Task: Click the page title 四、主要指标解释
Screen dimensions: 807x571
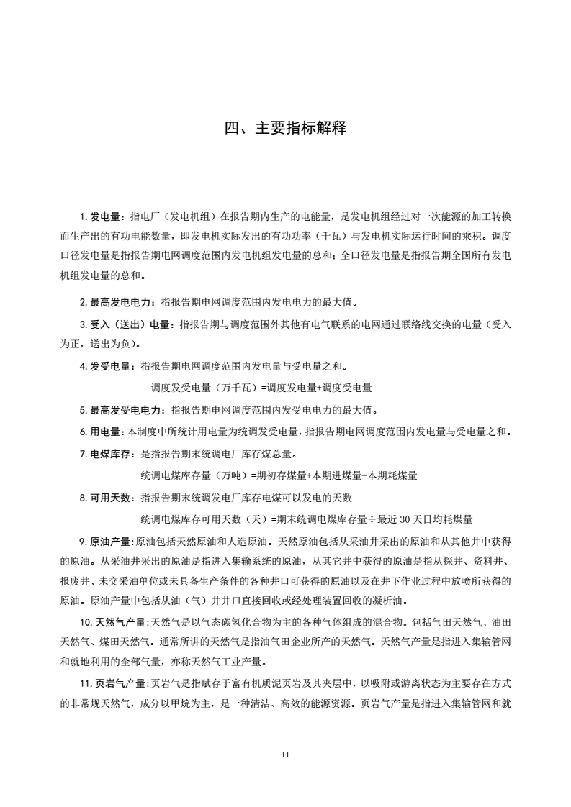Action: pyautogui.click(x=285, y=129)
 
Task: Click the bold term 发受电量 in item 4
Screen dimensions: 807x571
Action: pyautogui.click(x=111, y=367)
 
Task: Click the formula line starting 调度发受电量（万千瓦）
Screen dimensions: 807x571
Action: pyautogui.click(x=261, y=388)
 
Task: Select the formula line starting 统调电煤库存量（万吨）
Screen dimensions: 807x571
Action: pyautogui.click(x=279, y=475)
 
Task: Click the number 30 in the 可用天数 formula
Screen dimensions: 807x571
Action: pyautogui.click(x=404, y=519)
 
